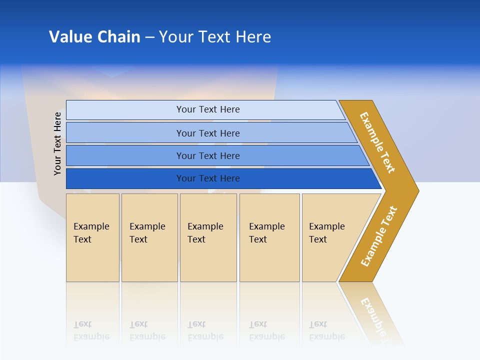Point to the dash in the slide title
(x=149, y=37)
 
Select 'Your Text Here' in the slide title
(x=215, y=37)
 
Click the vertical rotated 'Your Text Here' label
(x=57, y=143)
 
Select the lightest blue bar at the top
(x=207, y=109)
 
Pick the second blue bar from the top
(x=207, y=133)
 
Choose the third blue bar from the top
(x=207, y=155)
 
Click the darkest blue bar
(x=207, y=178)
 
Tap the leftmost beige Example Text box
(x=92, y=237)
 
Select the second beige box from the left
(x=149, y=237)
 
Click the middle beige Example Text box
(x=208, y=237)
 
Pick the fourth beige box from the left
(x=269, y=237)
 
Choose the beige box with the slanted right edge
(x=330, y=237)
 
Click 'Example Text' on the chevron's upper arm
(x=377, y=142)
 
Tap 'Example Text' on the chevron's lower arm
(x=378, y=236)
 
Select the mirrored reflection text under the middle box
(x=205, y=330)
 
